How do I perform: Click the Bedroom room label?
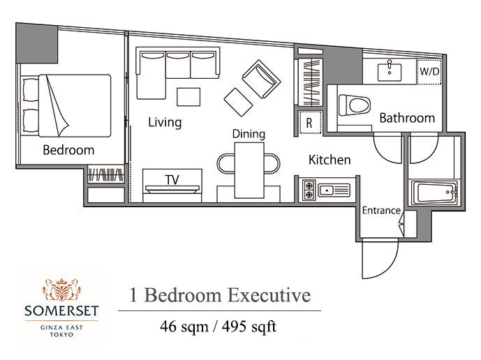tap(68, 150)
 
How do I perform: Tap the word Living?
tap(165, 122)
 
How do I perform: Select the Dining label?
tap(249, 134)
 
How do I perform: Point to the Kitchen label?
tap(330, 160)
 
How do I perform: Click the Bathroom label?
tap(407, 118)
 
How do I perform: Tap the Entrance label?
tap(381, 211)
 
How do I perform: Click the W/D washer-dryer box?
tap(429, 71)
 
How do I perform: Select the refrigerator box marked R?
tap(310, 122)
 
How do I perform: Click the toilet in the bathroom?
tap(355, 105)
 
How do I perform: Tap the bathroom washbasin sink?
tap(390, 73)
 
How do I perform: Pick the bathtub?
tap(434, 193)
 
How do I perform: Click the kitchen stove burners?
tap(309, 190)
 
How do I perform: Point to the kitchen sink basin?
tap(327, 190)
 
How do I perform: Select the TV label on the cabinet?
tap(172, 180)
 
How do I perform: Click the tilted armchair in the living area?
tap(261, 79)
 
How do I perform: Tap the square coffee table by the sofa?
tap(188, 97)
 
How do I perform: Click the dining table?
tap(249, 170)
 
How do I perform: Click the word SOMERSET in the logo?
tap(61, 311)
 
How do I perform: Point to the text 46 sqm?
tap(184, 327)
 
